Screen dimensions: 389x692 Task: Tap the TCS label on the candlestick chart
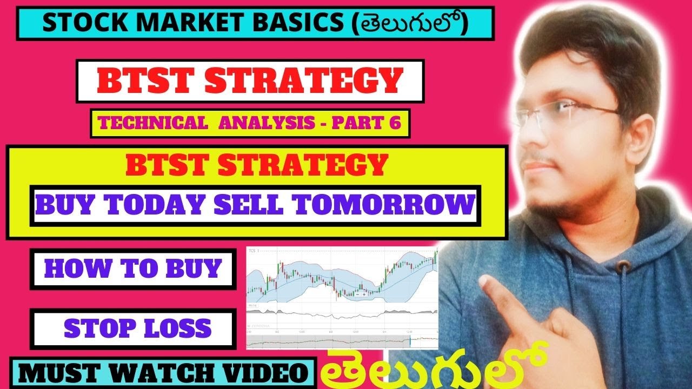click(x=252, y=251)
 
